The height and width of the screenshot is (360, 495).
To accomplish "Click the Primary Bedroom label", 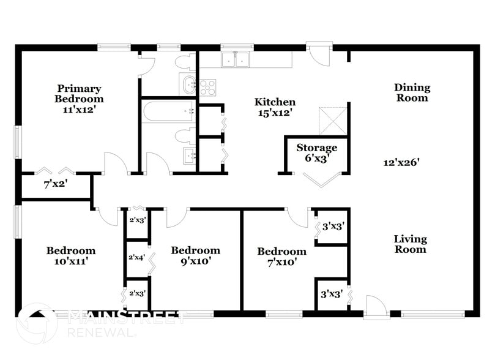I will pyautogui.click(x=79, y=94).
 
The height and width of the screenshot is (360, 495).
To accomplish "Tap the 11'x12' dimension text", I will pyautogui.click(x=79, y=111).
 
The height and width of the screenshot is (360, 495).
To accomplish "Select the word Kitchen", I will pyautogui.click(x=275, y=102).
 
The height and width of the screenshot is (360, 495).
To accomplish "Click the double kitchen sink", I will pyautogui.click(x=236, y=59).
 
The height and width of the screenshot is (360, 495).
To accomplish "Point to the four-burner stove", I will pyautogui.click(x=208, y=88).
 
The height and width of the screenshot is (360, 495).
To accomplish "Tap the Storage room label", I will pyautogui.click(x=316, y=148).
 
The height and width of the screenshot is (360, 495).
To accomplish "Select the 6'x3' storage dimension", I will pyautogui.click(x=316, y=158).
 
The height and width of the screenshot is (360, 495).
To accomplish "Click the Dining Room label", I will pyautogui.click(x=412, y=93).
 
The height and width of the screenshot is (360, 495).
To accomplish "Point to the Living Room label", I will pyautogui.click(x=410, y=244).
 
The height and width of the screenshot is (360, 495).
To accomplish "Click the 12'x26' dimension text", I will pyautogui.click(x=401, y=162).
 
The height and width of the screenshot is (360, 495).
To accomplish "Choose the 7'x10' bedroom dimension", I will pyautogui.click(x=281, y=262).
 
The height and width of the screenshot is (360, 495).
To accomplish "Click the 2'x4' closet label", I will pyautogui.click(x=136, y=258).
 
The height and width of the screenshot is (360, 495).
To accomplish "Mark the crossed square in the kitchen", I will pyautogui.click(x=333, y=120).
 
